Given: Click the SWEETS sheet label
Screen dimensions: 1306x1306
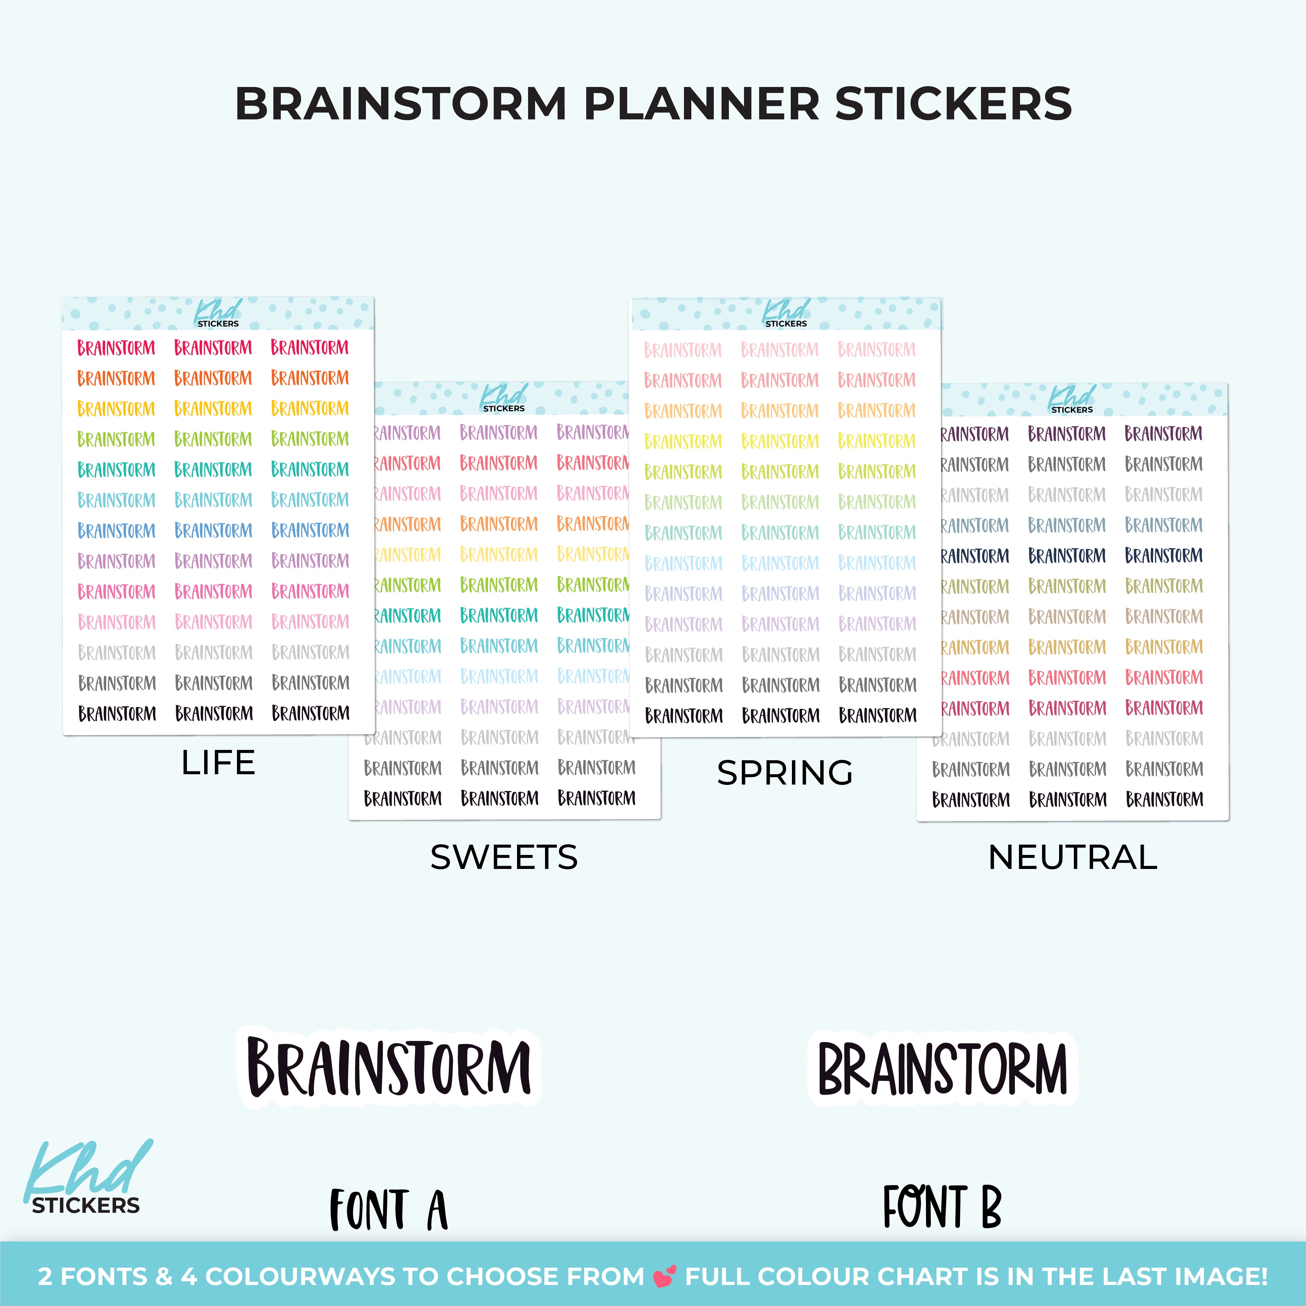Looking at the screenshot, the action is [x=504, y=857].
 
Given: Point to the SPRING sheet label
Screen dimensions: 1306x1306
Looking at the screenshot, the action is [x=785, y=773].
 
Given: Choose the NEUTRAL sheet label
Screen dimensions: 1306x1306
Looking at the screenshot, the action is [x=1073, y=857].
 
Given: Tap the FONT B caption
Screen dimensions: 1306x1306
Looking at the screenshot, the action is [x=942, y=1206].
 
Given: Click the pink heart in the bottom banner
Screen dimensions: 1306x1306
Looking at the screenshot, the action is [x=664, y=1276].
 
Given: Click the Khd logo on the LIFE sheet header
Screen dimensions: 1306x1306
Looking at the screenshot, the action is [x=218, y=313].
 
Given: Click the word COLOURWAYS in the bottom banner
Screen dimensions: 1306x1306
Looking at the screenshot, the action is [x=300, y=1276].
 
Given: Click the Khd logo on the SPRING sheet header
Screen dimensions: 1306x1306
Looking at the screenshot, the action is [x=786, y=313].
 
